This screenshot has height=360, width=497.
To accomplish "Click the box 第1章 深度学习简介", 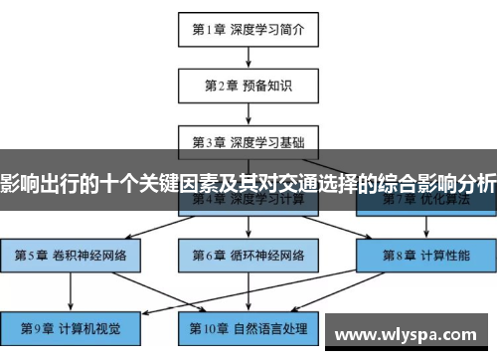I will (x=248, y=29).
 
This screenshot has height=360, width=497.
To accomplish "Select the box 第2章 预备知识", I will (x=248, y=86).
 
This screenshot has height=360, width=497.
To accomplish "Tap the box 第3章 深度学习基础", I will (x=248, y=141).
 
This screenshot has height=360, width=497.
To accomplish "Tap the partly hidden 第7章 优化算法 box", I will (x=425, y=203).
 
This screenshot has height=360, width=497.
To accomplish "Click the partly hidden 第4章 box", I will (x=248, y=203).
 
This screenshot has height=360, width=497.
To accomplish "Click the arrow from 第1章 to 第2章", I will (x=248, y=57).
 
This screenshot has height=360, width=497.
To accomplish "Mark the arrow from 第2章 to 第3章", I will (x=248, y=113).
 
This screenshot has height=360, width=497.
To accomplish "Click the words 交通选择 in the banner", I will (x=323, y=183).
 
